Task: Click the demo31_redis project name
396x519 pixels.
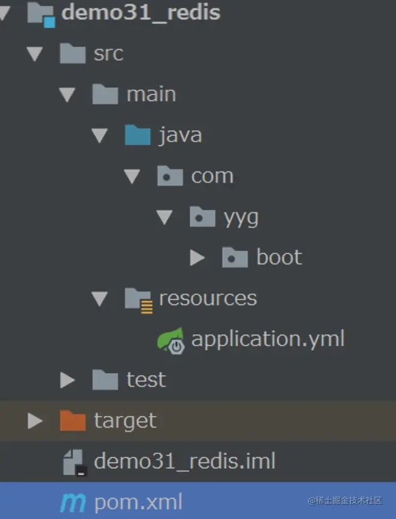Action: (x=141, y=13)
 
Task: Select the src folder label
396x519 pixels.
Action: (x=108, y=54)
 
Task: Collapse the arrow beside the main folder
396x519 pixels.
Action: (x=67, y=94)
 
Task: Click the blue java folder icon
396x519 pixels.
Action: (x=138, y=135)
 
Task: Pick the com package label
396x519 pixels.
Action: (x=212, y=176)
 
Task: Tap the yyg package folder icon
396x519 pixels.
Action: (x=202, y=217)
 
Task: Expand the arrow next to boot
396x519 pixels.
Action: (x=197, y=258)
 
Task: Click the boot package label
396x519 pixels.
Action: (x=279, y=258)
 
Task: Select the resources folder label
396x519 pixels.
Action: (x=208, y=298)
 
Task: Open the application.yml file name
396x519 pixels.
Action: (x=267, y=339)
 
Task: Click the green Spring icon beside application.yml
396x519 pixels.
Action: (x=172, y=340)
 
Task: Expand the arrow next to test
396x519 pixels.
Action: (x=67, y=380)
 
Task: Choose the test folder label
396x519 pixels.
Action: (x=146, y=380)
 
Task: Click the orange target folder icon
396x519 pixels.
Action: (x=73, y=421)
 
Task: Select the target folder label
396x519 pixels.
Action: (x=125, y=421)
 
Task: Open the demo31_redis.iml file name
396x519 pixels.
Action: (x=185, y=462)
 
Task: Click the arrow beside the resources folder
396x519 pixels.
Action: (x=100, y=298)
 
